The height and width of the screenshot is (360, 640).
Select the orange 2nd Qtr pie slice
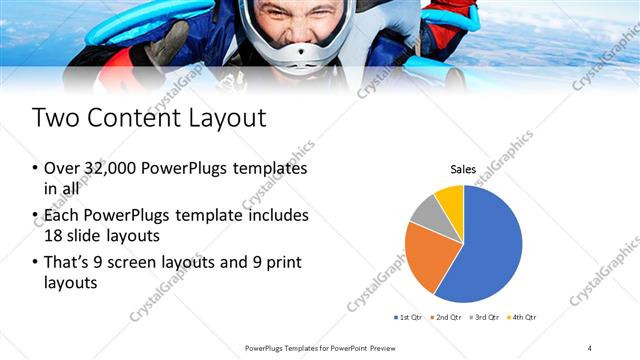(427, 255)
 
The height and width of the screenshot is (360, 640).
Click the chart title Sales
(463, 170)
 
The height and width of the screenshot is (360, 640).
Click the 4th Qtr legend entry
(521, 318)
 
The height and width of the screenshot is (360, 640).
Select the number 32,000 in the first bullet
(109, 169)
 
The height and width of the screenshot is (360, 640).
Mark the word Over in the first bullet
(62, 169)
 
